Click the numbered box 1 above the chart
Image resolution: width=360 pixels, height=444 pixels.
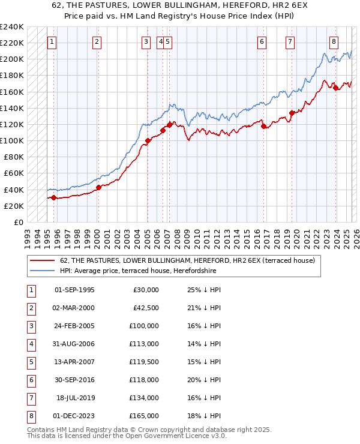tap(53, 42)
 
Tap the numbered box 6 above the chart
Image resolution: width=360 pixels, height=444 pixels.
tap(262, 42)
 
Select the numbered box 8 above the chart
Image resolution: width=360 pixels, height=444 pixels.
tap(334, 42)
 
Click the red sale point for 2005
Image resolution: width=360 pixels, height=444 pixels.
tap(147, 141)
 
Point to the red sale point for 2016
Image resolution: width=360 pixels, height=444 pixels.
tap(263, 126)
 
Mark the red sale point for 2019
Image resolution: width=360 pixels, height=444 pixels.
tap(291, 113)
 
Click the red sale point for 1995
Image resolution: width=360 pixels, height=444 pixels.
tap(53, 197)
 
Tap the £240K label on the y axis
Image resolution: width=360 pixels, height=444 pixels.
tap(12, 27)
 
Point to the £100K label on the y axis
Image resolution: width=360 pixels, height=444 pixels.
tap(12, 140)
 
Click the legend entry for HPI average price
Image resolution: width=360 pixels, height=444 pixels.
tap(137, 271)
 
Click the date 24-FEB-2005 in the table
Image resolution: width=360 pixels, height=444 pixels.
tap(74, 326)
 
